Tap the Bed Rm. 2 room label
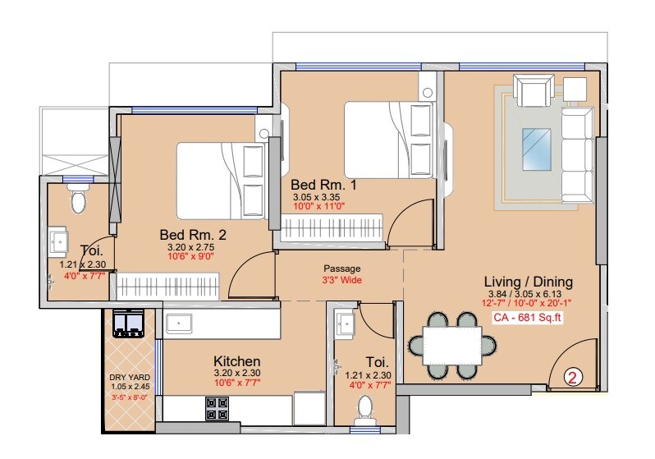click(x=192, y=235)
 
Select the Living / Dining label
click(x=528, y=282)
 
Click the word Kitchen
click(x=237, y=360)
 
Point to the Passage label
click(x=341, y=269)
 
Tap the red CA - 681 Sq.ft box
click(x=526, y=318)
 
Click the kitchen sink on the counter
click(x=180, y=324)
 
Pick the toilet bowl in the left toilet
click(x=79, y=200)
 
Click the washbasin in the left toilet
click(x=59, y=241)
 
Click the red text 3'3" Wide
click(x=341, y=280)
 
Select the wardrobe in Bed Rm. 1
click(x=332, y=226)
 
